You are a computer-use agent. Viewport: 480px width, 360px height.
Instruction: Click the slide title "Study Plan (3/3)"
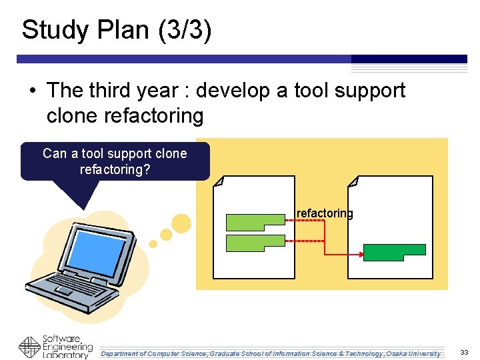(117, 30)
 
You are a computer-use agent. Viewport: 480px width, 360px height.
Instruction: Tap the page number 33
(464, 352)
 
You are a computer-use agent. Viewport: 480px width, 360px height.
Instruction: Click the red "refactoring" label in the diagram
(325, 213)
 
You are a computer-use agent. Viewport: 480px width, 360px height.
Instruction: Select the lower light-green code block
(255, 243)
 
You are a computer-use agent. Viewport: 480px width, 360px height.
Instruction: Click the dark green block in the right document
(394, 252)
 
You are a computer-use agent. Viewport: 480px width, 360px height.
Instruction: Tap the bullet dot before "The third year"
(32, 91)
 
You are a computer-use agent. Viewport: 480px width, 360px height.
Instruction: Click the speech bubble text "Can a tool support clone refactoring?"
(115, 161)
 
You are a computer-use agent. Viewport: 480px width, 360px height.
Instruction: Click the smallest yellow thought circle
(153, 244)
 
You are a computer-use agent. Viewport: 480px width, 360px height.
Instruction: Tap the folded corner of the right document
(353, 181)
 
